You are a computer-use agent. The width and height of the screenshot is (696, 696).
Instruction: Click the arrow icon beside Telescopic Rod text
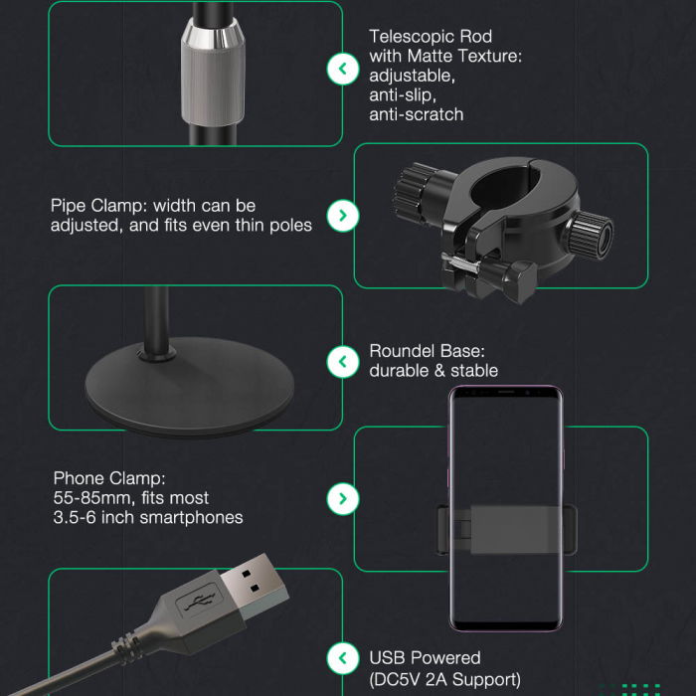[343, 69]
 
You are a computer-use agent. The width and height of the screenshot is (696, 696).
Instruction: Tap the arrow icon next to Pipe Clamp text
[343, 216]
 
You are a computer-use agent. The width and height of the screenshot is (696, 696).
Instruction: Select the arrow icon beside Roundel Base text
[343, 362]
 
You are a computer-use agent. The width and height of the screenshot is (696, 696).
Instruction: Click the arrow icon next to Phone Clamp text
[343, 499]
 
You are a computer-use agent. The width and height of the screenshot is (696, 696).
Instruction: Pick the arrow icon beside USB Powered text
[343, 658]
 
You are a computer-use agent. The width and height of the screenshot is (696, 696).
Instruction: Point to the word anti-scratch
[417, 114]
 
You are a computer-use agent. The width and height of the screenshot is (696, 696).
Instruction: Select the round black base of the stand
[190, 387]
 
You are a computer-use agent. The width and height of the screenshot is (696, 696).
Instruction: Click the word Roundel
[402, 351]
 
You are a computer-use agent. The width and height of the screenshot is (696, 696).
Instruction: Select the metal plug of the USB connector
[254, 586]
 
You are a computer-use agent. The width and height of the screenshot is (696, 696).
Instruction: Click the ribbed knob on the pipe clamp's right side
[589, 236]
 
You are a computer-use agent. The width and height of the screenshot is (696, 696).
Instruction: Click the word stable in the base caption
[474, 371]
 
